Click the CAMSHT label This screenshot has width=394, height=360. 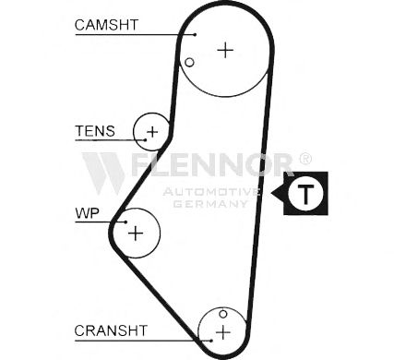pyautogui.click(x=106, y=25)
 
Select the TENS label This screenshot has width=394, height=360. pyautogui.click(x=95, y=131)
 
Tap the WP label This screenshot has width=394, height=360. pyautogui.click(x=87, y=213)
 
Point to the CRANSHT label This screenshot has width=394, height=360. pyautogui.click(x=111, y=330)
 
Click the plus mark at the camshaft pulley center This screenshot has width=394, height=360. pyautogui.click(x=225, y=50)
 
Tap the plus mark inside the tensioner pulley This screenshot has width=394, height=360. pyautogui.click(x=152, y=132)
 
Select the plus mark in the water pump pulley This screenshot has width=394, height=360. pyautogui.click(x=136, y=234)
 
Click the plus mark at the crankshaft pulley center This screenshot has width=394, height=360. pyautogui.click(x=223, y=332)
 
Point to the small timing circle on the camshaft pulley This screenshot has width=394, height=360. pyautogui.click(x=189, y=63)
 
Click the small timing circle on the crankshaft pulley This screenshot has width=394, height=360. pyautogui.click(x=223, y=314)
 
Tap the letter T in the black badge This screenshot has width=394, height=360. pyautogui.click(x=305, y=195)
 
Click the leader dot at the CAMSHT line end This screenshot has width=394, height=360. pyautogui.click(x=195, y=35)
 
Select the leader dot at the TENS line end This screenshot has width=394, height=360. pyautogui.click(x=145, y=140)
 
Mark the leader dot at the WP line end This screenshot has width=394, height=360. pyautogui.click(x=125, y=222)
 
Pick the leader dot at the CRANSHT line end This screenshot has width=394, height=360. pyautogui.click(x=211, y=341)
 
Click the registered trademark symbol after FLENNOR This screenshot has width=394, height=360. pyautogui.click(x=305, y=159)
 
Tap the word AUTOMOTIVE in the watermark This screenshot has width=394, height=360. pyautogui.click(x=211, y=192)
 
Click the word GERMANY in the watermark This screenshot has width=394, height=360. pyautogui.click(x=210, y=204)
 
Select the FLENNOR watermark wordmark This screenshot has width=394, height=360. pyautogui.click(x=212, y=164)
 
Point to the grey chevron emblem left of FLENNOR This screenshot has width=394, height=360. pyautogui.click(x=103, y=174)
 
